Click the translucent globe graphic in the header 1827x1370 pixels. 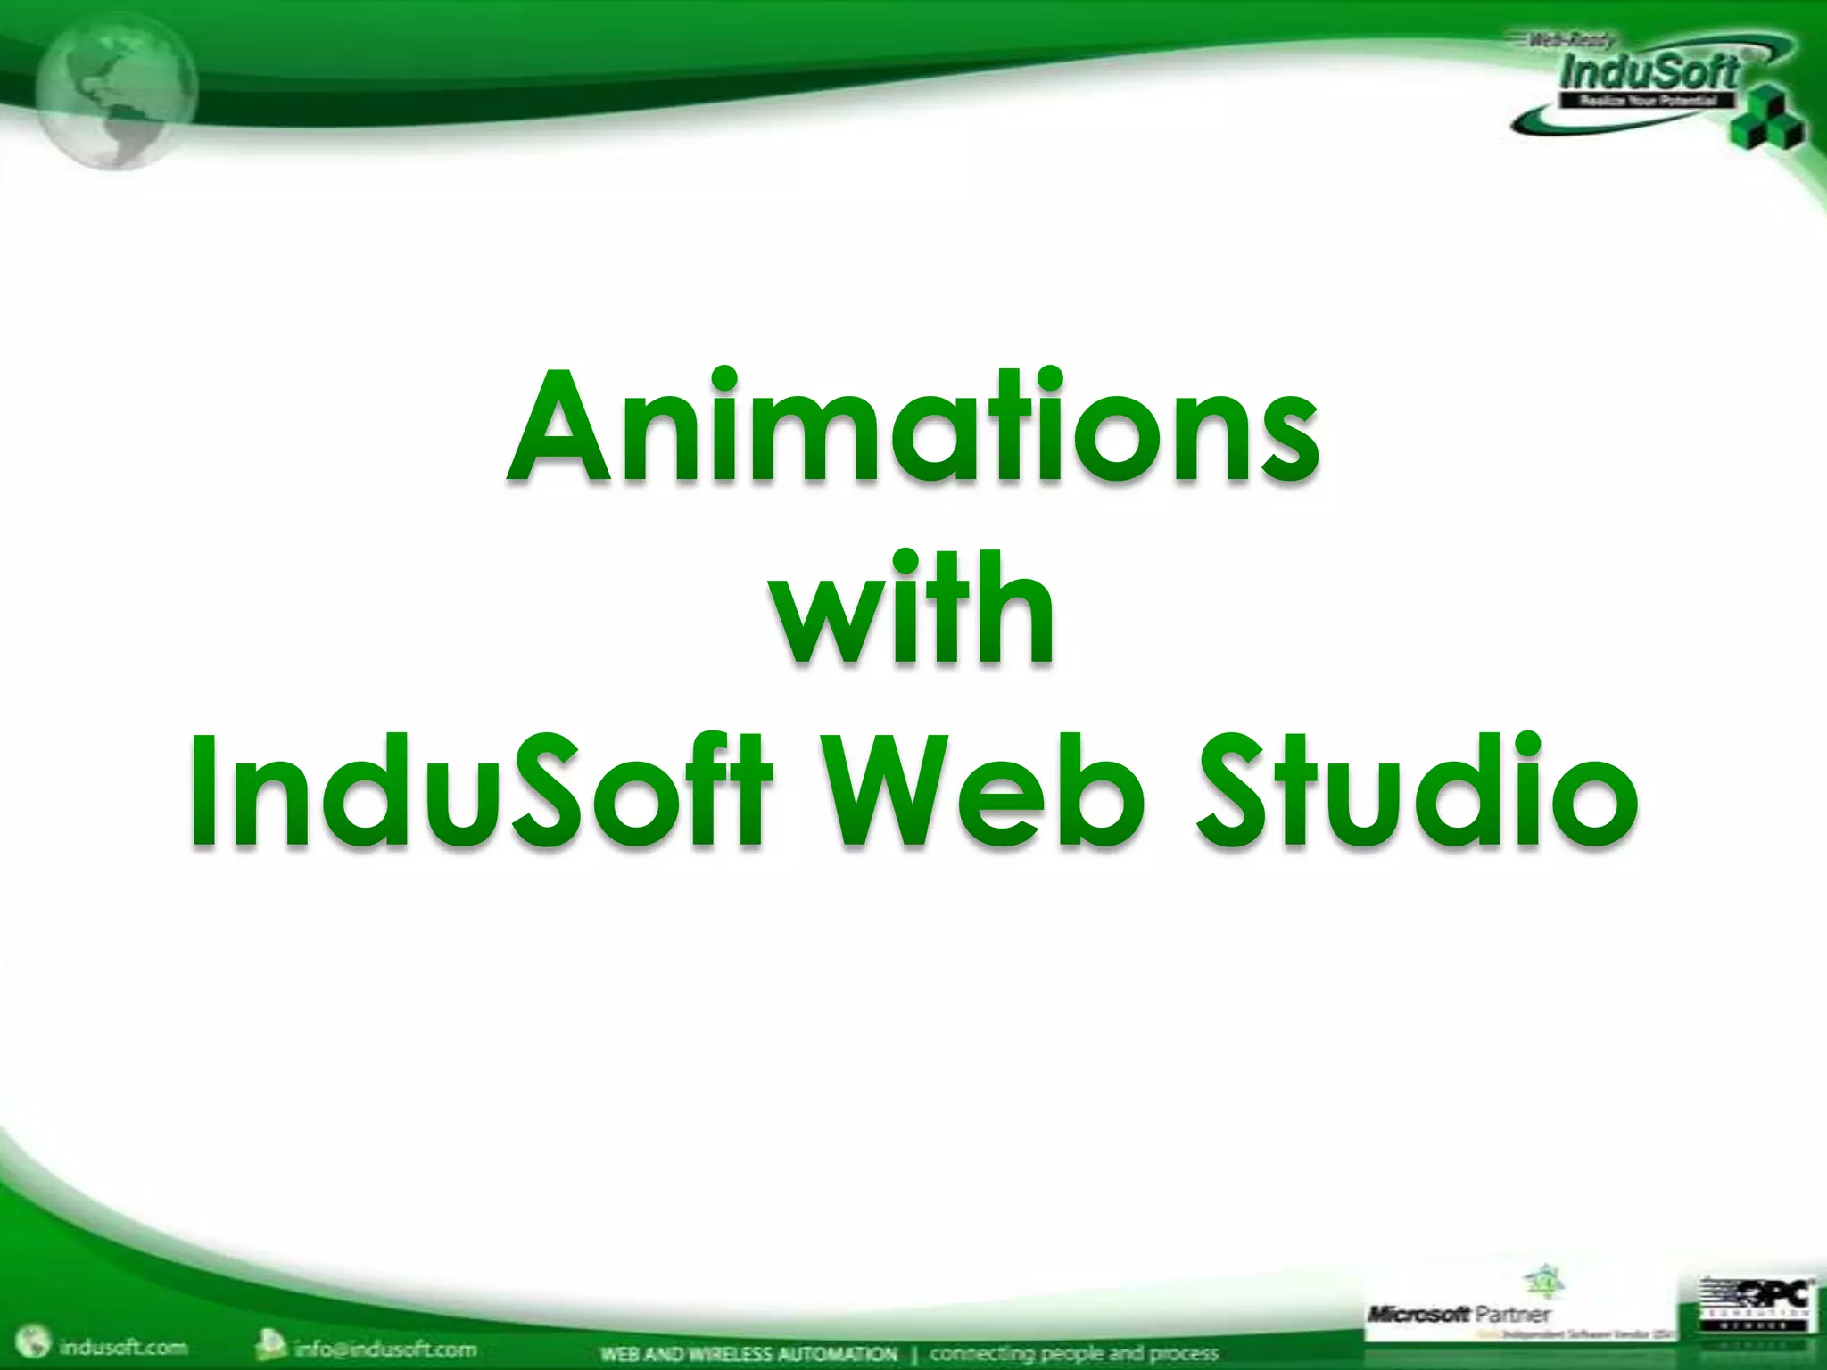pyautogui.click(x=116, y=89)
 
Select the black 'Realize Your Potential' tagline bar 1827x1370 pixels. pyautogui.click(x=1647, y=101)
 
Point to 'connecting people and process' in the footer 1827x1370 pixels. pyautogui.click(x=1074, y=1354)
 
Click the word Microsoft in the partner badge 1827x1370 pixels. pyautogui.click(x=1418, y=1313)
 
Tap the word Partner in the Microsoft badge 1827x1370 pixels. pyautogui.click(x=1513, y=1313)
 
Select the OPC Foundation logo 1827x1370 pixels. pyautogui.click(x=1754, y=1308)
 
